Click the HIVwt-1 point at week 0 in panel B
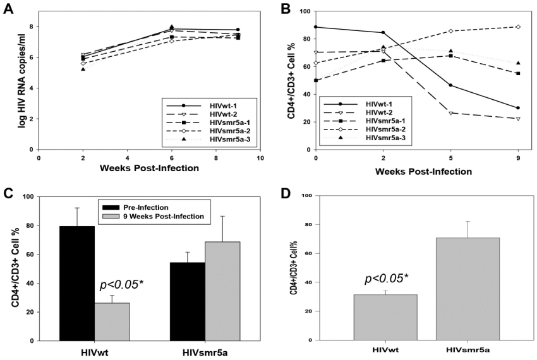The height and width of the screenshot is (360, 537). (316, 27)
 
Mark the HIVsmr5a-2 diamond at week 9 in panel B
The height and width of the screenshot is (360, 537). (518, 27)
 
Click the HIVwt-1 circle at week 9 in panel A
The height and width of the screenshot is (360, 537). (238, 30)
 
